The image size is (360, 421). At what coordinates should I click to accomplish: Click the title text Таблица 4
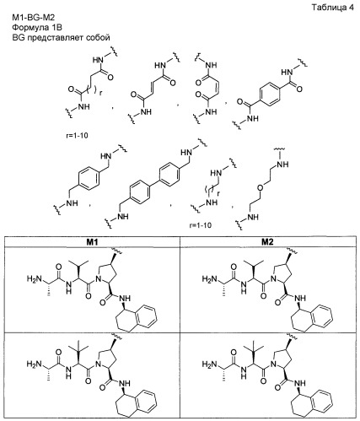[332, 8]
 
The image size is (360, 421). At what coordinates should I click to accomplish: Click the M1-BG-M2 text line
[34, 18]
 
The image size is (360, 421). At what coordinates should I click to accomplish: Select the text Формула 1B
[37, 27]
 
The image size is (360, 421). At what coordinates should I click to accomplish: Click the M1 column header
[92, 242]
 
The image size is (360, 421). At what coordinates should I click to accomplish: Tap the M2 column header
[267, 242]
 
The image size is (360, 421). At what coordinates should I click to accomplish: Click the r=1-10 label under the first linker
[77, 136]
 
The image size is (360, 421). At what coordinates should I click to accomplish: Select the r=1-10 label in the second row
[201, 225]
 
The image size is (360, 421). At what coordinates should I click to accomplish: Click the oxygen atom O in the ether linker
[261, 188]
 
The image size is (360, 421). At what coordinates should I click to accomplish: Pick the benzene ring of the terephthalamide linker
[270, 94]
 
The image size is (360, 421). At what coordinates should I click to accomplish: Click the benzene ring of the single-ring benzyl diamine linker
[89, 179]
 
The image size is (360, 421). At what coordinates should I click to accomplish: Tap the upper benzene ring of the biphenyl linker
[169, 173]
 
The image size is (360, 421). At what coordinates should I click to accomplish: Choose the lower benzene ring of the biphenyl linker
[140, 192]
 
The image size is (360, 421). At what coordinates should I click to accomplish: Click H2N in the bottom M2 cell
[209, 364]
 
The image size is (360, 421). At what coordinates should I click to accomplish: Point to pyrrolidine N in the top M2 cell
[272, 279]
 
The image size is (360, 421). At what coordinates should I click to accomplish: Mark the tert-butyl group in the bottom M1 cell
[78, 348]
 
